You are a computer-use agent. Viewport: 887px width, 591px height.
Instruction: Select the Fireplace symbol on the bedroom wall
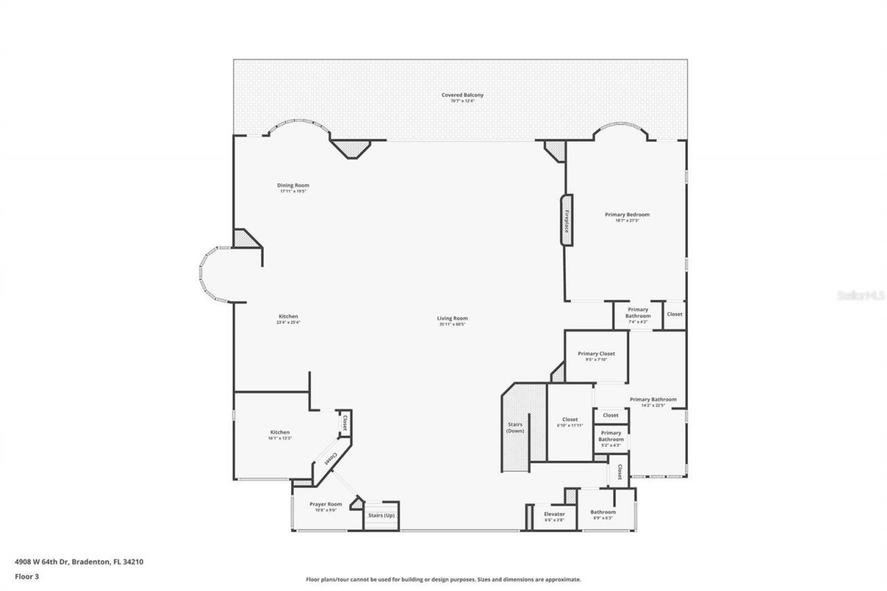coord(566,220)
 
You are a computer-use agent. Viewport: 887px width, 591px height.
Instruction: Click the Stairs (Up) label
coord(381,515)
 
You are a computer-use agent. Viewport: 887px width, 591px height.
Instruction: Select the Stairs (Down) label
coord(515,427)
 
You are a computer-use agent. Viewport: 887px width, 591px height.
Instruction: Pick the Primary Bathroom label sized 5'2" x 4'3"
coord(611,436)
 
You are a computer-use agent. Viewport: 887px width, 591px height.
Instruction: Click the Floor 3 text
coord(28,575)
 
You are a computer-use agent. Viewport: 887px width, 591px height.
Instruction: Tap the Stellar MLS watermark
coord(861,295)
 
